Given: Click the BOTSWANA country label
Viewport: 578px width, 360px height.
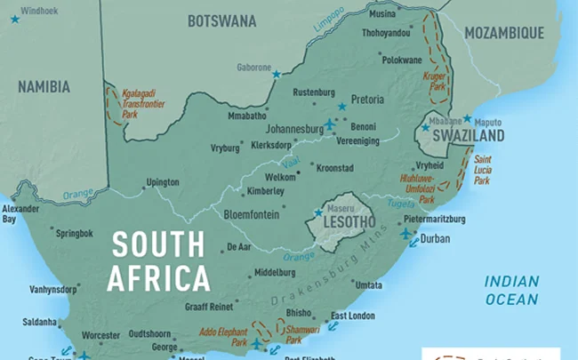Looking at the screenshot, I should [x=221, y=20].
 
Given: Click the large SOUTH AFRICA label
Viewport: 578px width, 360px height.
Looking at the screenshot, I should [x=158, y=261].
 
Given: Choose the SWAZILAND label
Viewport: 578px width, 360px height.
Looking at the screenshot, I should [x=468, y=136].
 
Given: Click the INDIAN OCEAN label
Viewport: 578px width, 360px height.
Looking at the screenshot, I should [x=511, y=291].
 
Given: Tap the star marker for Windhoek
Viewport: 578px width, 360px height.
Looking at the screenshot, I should [x=14, y=18].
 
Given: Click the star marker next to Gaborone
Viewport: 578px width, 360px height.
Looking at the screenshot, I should [x=276, y=74].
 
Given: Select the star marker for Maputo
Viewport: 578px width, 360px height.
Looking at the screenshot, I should [x=467, y=118].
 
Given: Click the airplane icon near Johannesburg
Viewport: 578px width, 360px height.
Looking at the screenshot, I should [x=332, y=124].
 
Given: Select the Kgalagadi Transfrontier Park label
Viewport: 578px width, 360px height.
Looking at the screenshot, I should [x=142, y=103].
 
